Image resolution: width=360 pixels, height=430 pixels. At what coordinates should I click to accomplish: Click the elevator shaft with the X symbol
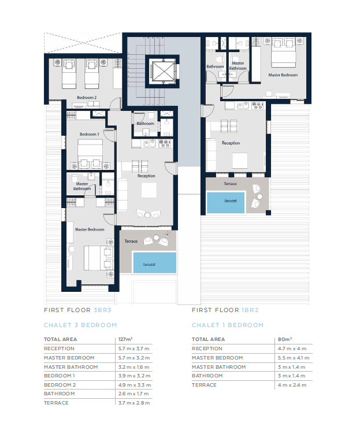162,71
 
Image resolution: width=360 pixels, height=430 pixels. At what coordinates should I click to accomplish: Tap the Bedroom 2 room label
87,97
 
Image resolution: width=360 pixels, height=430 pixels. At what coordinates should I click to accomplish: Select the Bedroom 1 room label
90,134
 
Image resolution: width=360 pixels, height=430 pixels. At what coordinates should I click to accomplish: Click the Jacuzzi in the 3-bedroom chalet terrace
154,263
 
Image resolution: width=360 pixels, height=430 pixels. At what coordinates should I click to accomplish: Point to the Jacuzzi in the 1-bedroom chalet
225,202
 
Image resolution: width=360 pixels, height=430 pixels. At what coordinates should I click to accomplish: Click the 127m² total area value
125,339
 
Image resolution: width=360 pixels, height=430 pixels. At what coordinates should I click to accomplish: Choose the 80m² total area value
285,339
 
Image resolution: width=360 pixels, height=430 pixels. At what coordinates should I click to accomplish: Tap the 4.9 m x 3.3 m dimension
134,385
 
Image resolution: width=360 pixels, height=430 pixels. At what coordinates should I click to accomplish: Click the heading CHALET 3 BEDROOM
80,325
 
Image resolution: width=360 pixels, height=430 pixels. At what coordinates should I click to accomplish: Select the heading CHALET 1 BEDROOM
228,325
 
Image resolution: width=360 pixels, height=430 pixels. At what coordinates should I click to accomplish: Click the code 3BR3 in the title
102,310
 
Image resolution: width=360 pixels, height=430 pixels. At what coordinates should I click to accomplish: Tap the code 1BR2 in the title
250,310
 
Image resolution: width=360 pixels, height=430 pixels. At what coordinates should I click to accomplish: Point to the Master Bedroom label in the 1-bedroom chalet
283,75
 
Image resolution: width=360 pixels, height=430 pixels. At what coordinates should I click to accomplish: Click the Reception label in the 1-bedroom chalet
231,143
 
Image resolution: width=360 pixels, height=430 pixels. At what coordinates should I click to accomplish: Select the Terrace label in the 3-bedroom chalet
131,242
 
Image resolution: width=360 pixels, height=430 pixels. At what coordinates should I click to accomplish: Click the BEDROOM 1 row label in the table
59,376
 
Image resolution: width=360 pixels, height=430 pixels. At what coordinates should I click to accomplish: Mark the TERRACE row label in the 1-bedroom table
204,385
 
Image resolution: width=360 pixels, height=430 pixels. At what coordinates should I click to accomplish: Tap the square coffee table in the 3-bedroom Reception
149,190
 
